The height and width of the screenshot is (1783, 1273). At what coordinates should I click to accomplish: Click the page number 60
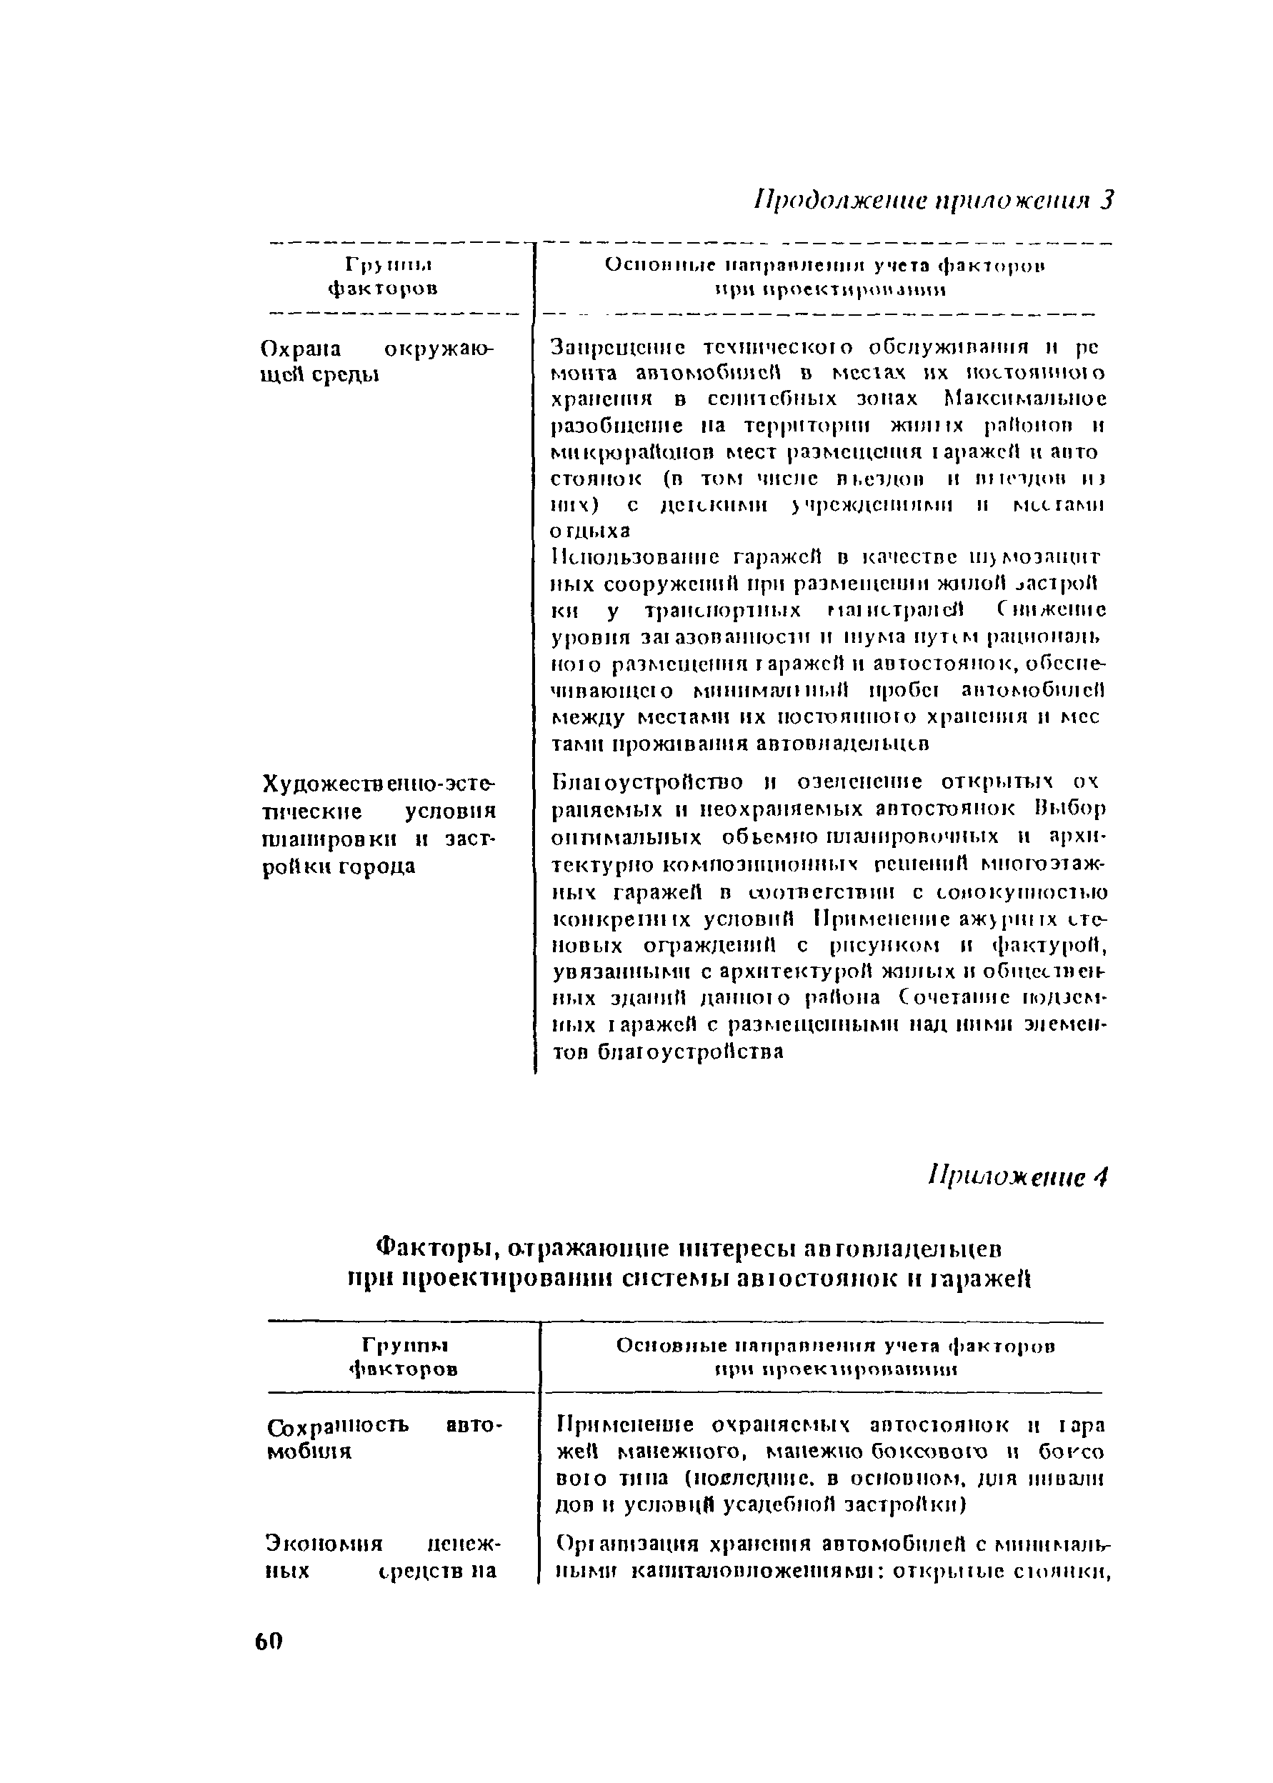pos(268,1641)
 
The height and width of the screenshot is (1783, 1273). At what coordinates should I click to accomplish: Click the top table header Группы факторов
pos(381,276)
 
